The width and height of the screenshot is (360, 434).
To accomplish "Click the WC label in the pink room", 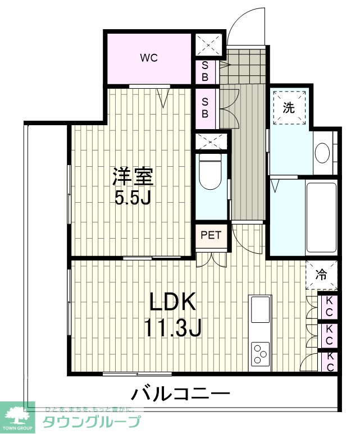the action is point(149,58).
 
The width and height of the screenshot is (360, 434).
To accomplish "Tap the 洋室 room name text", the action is point(133,177).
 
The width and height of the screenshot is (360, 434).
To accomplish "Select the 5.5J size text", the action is point(133,197).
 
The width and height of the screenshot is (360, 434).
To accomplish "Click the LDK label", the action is point(172,301).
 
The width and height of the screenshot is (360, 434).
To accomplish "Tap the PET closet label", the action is point(211,235).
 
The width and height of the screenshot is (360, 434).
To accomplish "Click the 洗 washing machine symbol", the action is point(289,107).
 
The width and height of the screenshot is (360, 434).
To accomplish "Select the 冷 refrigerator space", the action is point(321,275).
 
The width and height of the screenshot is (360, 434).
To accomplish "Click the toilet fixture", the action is point(211,172).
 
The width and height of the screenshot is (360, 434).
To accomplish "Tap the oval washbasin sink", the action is point(322,153).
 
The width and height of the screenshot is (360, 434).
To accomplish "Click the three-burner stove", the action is point(260,353).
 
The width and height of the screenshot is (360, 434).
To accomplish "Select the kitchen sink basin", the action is point(260,309).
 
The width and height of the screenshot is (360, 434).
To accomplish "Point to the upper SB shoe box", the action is point(205,71).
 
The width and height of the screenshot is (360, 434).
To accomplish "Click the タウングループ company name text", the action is point(92,422).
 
